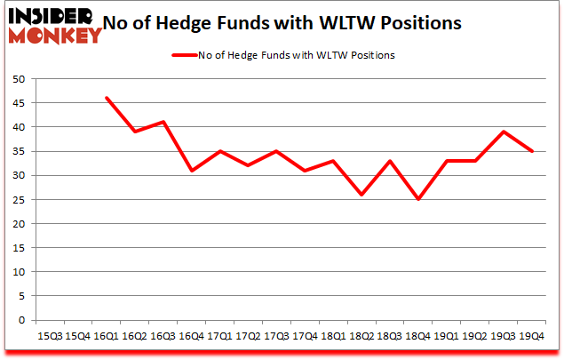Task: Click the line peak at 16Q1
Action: click(x=107, y=98)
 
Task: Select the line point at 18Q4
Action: click(x=417, y=199)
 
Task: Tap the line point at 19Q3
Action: click(x=503, y=132)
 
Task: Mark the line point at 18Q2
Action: click(x=361, y=195)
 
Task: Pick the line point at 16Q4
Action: click(x=191, y=171)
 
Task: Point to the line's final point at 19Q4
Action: click(x=531, y=151)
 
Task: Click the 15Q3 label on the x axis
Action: click(x=50, y=335)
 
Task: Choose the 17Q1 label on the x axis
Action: click(x=219, y=335)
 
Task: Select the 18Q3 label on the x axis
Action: click(x=389, y=335)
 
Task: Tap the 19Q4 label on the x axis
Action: click(x=531, y=335)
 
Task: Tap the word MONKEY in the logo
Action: click(x=55, y=36)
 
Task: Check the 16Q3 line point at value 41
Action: click(x=163, y=122)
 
